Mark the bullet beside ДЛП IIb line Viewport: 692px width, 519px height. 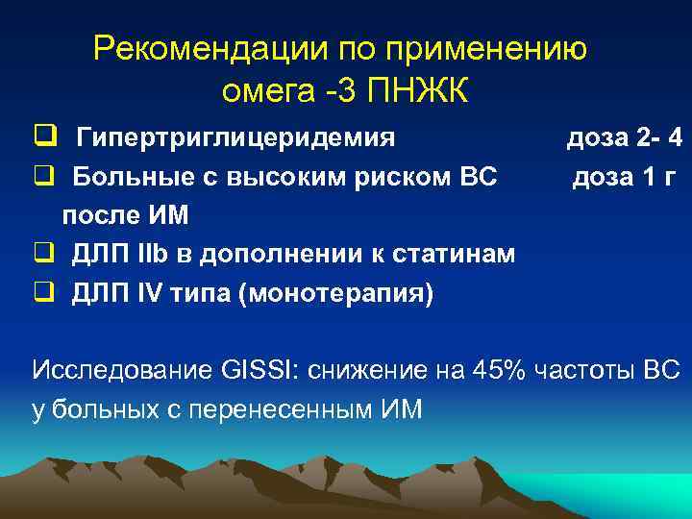click(x=42, y=254)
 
